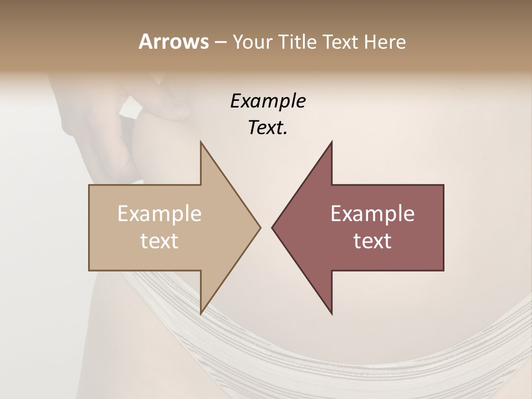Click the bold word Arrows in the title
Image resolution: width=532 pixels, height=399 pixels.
point(173,42)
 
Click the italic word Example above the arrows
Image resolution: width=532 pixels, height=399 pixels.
point(268,101)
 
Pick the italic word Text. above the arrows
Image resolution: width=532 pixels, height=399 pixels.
point(268,128)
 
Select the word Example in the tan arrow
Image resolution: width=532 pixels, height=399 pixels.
point(160,214)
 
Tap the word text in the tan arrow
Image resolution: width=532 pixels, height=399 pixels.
point(160,241)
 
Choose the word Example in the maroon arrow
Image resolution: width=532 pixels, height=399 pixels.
point(372,214)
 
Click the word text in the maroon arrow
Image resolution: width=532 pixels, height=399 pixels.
point(372,241)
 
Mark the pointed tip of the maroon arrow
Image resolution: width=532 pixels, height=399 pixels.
point(273,227)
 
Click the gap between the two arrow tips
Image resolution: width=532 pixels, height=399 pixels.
point(266,227)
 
